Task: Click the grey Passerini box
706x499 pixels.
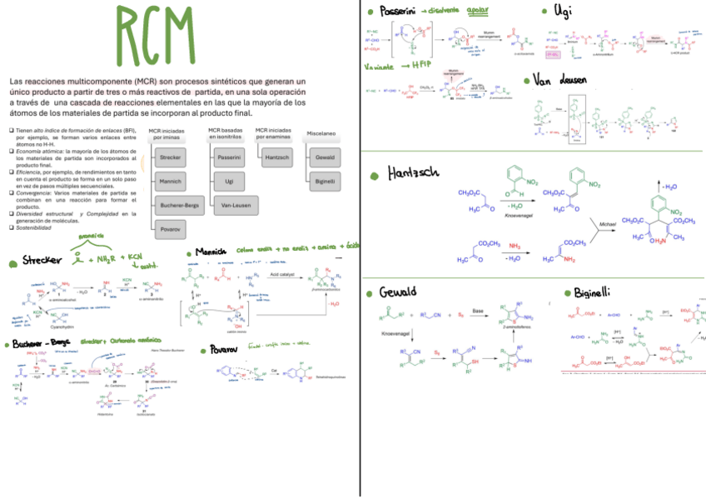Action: coord(229,157)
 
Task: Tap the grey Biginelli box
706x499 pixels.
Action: coord(326,180)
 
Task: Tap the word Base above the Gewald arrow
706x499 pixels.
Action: coord(477,310)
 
